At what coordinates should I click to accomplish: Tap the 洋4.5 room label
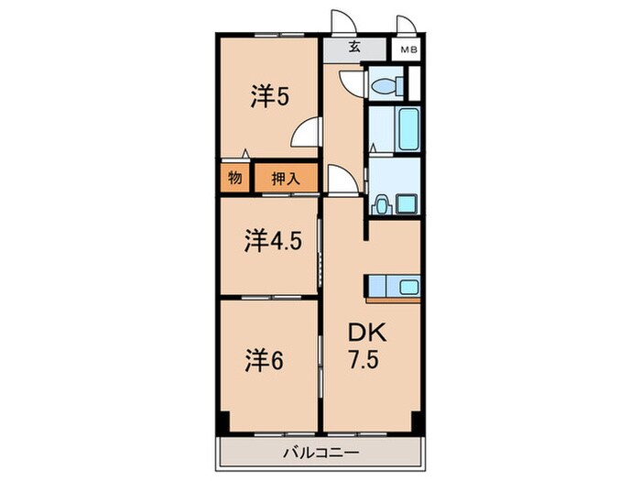272,241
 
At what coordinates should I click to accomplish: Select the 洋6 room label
263,359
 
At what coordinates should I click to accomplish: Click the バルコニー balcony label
320,452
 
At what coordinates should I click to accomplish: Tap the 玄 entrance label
353,48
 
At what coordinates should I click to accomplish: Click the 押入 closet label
285,178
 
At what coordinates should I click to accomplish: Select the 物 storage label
234,178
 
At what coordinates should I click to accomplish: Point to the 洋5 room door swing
307,134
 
